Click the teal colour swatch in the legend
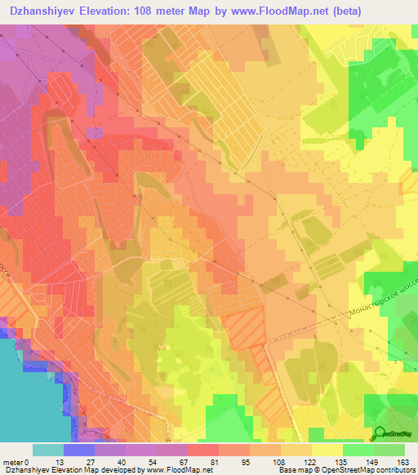(x=47, y=450)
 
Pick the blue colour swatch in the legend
(x=78, y=450)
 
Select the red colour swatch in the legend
(x=202, y=450)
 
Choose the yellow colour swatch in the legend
(x=327, y=450)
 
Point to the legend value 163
(x=403, y=461)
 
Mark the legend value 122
(x=310, y=461)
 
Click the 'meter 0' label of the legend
(x=16, y=461)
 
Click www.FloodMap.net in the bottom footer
(x=174, y=470)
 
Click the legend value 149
(x=372, y=461)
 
